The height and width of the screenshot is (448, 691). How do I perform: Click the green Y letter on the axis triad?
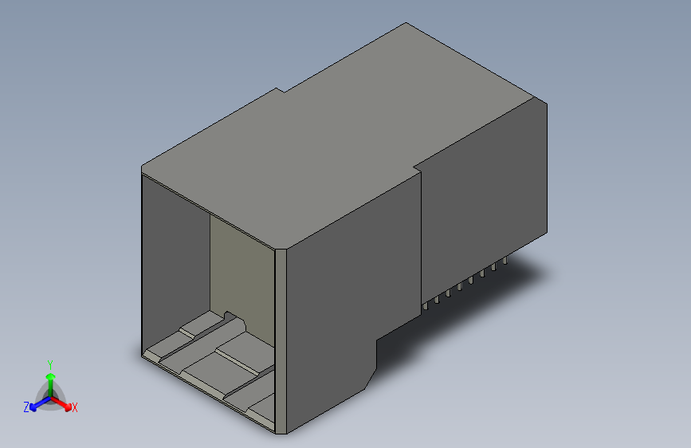point(49,363)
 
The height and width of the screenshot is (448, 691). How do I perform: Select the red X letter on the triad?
point(75,408)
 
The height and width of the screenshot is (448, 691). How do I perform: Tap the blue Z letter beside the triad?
point(26,407)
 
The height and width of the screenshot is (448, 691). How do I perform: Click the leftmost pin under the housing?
point(427,305)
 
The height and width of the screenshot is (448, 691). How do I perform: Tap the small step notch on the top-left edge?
point(281,90)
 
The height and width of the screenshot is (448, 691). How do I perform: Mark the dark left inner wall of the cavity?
point(175,263)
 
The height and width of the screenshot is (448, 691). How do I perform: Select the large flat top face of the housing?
point(343,143)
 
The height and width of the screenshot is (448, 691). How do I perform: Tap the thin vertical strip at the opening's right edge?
point(280,343)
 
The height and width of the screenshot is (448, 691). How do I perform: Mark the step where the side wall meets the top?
point(418,169)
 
